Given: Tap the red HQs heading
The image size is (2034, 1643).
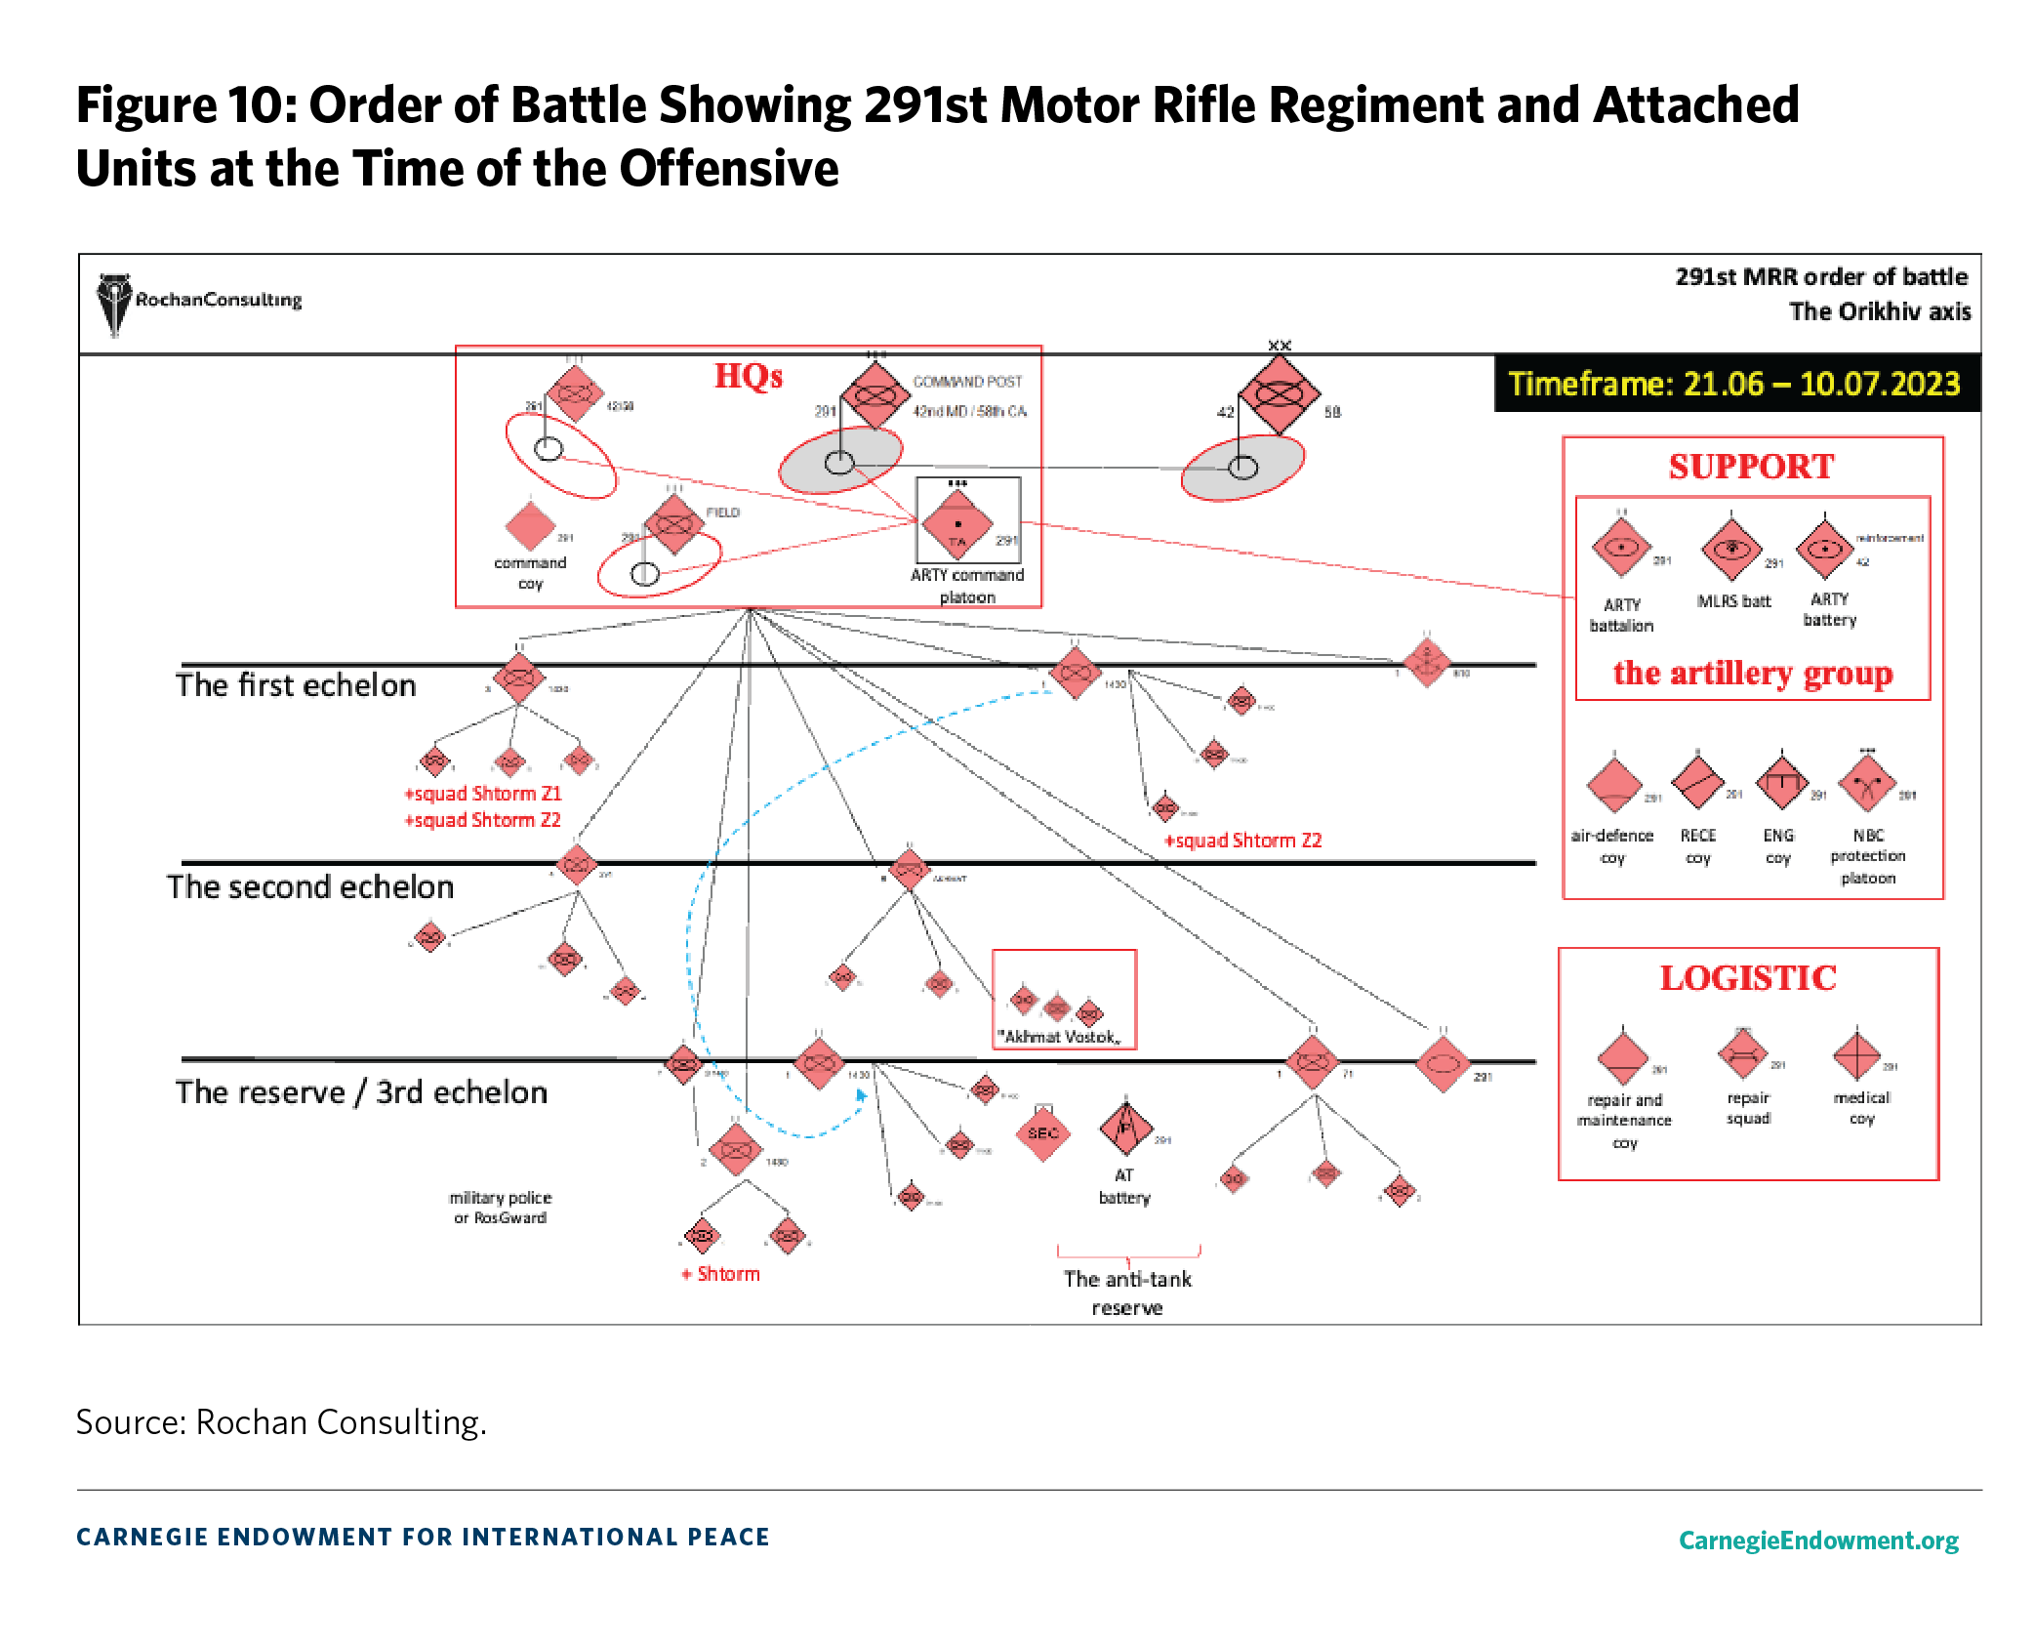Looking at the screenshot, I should click(748, 376).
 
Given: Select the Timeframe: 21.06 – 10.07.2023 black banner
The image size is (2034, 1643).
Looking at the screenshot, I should click(1734, 384).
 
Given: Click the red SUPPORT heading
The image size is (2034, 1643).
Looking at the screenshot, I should click(1751, 467).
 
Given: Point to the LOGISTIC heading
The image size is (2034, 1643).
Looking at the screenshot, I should click(1748, 978).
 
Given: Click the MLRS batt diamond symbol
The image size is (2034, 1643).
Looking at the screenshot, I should click(1731, 549).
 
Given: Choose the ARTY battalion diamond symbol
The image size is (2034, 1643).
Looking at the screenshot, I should click(1621, 548).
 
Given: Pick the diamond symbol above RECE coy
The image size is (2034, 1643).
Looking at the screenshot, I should click(1697, 781).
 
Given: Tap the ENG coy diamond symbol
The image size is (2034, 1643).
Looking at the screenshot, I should click(1782, 782).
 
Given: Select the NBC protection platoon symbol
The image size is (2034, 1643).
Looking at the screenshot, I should click(1867, 783).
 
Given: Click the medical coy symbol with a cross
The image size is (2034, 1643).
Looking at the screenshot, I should click(1856, 1055).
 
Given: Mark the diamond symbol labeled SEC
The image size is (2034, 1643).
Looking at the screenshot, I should click(1042, 1132).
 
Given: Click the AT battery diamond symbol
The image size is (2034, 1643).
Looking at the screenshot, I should click(1125, 1129).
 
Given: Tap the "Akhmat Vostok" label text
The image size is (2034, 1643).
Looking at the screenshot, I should click(1059, 1037).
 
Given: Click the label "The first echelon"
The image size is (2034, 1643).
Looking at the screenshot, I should click(296, 685).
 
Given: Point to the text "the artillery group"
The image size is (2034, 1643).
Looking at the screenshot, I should click(1752, 673).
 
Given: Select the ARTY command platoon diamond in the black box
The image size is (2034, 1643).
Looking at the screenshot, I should click(957, 523).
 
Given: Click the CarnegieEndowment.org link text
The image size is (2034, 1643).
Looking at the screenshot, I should click(1818, 1540).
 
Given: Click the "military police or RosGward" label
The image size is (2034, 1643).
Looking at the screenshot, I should click(500, 1208).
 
